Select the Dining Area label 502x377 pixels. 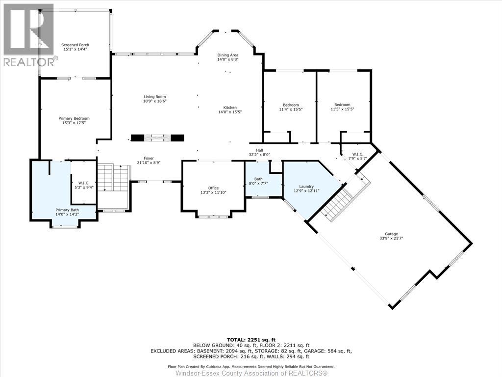click(227, 55)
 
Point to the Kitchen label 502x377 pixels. click(230, 108)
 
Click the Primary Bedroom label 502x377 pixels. click(74, 118)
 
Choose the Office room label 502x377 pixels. click(213, 188)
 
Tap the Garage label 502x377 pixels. click(391, 234)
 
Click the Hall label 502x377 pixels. click(259, 151)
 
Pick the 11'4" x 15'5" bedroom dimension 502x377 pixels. click(291, 109)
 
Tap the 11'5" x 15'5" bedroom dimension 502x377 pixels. click(342, 109)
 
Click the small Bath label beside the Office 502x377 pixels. click(258, 179)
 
